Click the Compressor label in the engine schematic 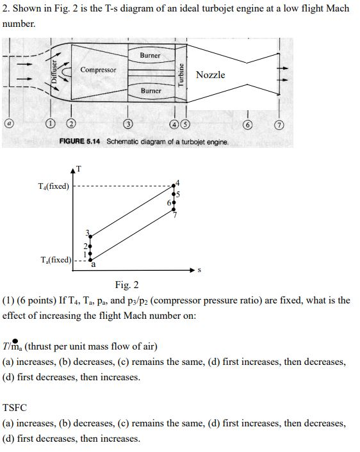[x=98, y=69]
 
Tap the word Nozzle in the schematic [x=211, y=75]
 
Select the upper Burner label [x=150, y=56]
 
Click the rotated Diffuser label [x=56, y=74]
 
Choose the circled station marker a [x=8, y=122]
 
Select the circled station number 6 [x=247, y=124]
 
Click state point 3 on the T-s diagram [x=90, y=235]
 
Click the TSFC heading [x=15, y=407]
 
